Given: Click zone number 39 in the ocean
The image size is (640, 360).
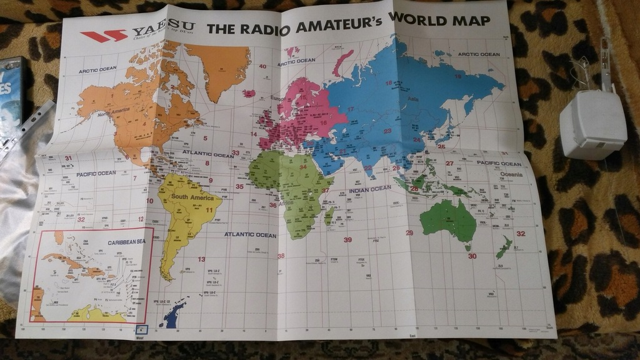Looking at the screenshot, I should point(347,239).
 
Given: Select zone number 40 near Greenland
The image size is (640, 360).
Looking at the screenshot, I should point(262,66).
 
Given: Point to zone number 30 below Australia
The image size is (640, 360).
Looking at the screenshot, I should point(472,256).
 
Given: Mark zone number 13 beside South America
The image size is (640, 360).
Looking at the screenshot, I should point(201,259).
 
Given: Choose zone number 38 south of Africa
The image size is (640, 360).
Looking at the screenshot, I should point(281,256).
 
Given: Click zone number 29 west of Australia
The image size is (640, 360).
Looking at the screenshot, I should point(409,233).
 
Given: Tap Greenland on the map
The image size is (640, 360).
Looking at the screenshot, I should point(219,69).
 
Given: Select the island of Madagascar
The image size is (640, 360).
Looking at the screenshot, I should point(329,216).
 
